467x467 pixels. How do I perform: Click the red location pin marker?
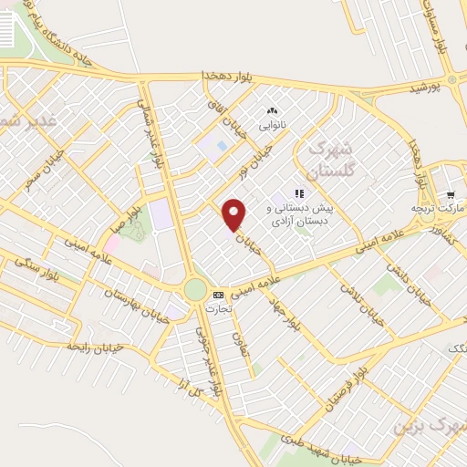(234, 214)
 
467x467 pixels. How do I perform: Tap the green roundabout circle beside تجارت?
(195, 289)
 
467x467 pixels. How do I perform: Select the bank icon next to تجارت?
(218, 295)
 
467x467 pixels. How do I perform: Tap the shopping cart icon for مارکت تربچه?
(450, 195)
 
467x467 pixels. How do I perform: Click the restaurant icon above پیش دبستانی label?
(297, 192)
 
